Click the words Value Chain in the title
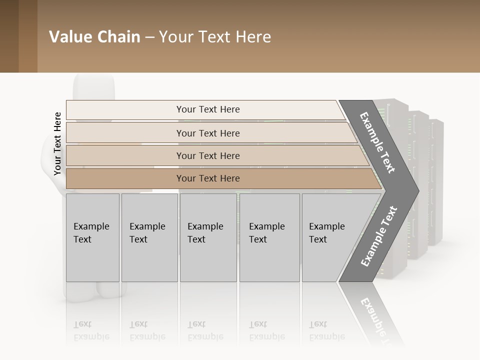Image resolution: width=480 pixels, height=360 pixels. tap(94, 37)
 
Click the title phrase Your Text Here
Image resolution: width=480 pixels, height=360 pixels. tap(215, 37)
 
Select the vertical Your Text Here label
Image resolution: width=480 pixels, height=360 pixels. tap(58, 143)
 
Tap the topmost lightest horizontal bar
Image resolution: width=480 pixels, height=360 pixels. tap(207, 109)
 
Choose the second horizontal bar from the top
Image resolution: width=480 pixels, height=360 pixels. tap(207, 133)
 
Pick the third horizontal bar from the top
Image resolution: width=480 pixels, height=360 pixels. tap(207, 155)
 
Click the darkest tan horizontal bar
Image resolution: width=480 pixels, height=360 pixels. tap(207, 178)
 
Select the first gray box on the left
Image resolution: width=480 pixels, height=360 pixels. tap(92, 237)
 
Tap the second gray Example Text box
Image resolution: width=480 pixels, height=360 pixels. tap(149, 237)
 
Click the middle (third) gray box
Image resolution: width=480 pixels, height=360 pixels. tap(207, 237)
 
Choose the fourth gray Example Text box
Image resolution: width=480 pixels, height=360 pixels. tap(269, 237)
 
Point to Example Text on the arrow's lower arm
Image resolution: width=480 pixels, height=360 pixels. tap(379, 236)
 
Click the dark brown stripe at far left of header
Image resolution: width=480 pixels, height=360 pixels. tap(9, 36)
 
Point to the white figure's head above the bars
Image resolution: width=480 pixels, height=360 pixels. tap(94, 87)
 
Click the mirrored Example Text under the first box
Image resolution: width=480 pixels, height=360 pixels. tap(91, 330)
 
